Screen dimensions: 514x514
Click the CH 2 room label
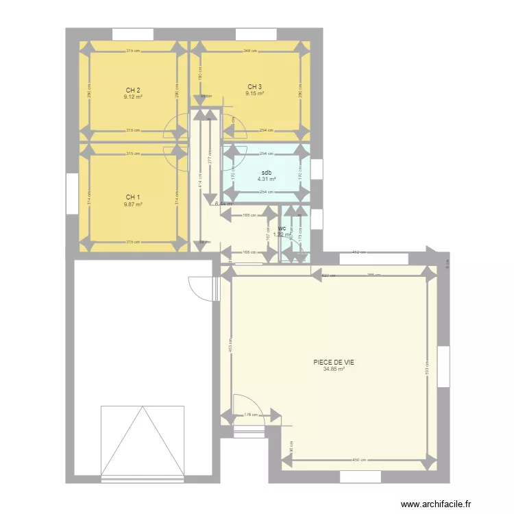pyautogui.click(x=133, y=90)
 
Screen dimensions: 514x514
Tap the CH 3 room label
pyautogui.click(x=255, y=86)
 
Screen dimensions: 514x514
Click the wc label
pyautogui.click(x=282, y=228)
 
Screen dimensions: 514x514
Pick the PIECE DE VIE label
pyautogui.click(x=334, y=363)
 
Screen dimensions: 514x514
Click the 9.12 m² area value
pyautogui.click(x=133, y=97)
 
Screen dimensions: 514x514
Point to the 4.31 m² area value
pyautogui.click(x=267, y=180)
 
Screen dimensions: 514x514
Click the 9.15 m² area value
pyautogui.click(x=255, y=93)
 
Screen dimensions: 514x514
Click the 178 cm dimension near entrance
pyautogui.click(x=252, y=414)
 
